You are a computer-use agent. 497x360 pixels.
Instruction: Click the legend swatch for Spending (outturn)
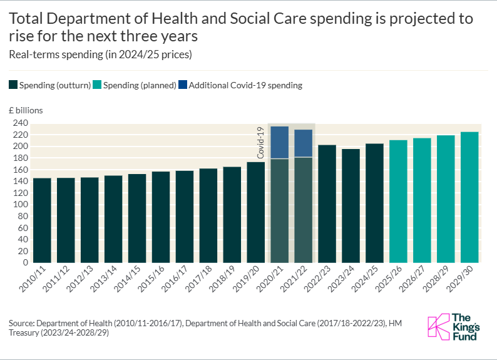[x=13, y=85]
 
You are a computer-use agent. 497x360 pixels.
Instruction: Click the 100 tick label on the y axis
[x=21, y=205]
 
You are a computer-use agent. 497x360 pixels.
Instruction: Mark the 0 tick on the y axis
[x=26, y=263]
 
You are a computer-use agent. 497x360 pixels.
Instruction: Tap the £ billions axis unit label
[x=26, y=110]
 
